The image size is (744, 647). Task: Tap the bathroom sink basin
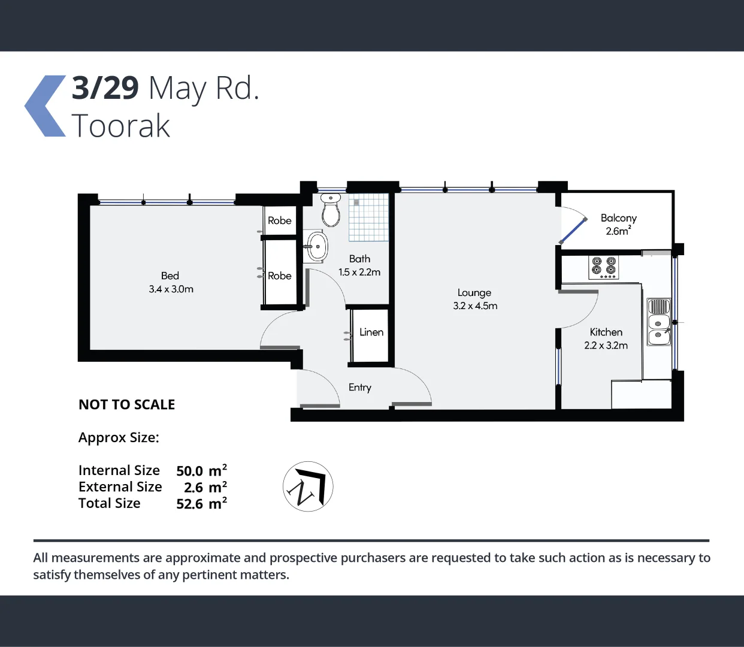click(317, 246)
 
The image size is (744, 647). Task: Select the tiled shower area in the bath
click(369, 217)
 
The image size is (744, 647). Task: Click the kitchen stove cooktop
click(603, 267)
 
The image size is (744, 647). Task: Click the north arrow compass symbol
click(308, 486)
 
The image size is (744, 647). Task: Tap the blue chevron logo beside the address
click(46, 106)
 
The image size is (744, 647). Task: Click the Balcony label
click(618, 218)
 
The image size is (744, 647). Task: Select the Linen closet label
click(371, 332)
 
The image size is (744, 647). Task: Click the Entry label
click(359, 388)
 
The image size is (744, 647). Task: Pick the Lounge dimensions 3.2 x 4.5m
click(475, 306)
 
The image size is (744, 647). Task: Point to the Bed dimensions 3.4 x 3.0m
click(171, 289)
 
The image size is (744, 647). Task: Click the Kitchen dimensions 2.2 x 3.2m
click(606, 346)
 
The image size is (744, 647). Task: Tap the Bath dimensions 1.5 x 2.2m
click(359, 273)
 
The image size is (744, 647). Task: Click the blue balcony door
click(573, 230)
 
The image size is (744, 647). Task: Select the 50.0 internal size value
click(189, 471)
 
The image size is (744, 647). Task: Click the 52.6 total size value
click(189, 504)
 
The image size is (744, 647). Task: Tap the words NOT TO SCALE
click(126, 405)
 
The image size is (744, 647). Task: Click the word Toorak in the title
click(121, 126)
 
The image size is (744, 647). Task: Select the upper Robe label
click(280, 220)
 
